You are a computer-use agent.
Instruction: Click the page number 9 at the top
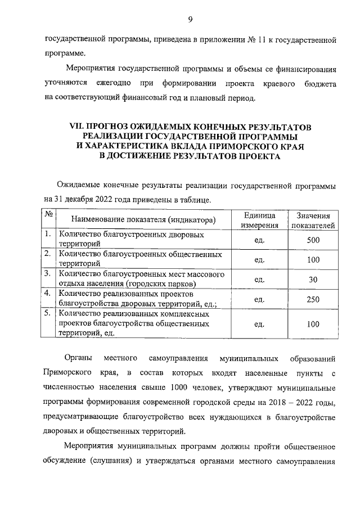click(190, 20)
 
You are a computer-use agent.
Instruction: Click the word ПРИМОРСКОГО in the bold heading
click(249, 147)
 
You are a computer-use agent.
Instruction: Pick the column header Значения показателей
click(313, 220)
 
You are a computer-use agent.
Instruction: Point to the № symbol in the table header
click(49, 215)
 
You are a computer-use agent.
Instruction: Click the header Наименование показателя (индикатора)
click(136, 220)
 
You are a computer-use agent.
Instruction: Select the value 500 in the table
click(313, 240)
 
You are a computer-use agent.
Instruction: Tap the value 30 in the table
click(313, 280)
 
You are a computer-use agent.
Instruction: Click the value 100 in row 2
click(313, 260)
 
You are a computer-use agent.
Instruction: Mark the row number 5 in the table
click(48, 314)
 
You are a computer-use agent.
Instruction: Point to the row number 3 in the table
click(48, 274)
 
